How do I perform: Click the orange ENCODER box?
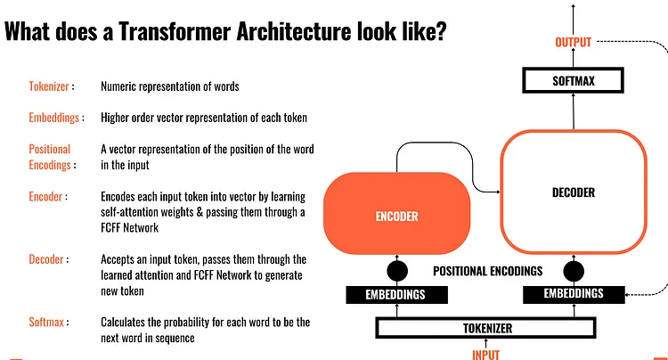click(395, 216)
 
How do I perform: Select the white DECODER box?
click(573, 192)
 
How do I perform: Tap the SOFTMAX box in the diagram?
click(573, 81)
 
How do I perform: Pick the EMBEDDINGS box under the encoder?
click(396, 294)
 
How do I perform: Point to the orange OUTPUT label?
click(573, 42)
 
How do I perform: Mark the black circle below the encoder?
click(396, 271)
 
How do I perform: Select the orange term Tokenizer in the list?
click(49, 87)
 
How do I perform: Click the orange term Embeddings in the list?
click(55, 117)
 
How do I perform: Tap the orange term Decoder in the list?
click(47, 259)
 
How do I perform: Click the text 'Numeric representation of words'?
click(170, 87)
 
